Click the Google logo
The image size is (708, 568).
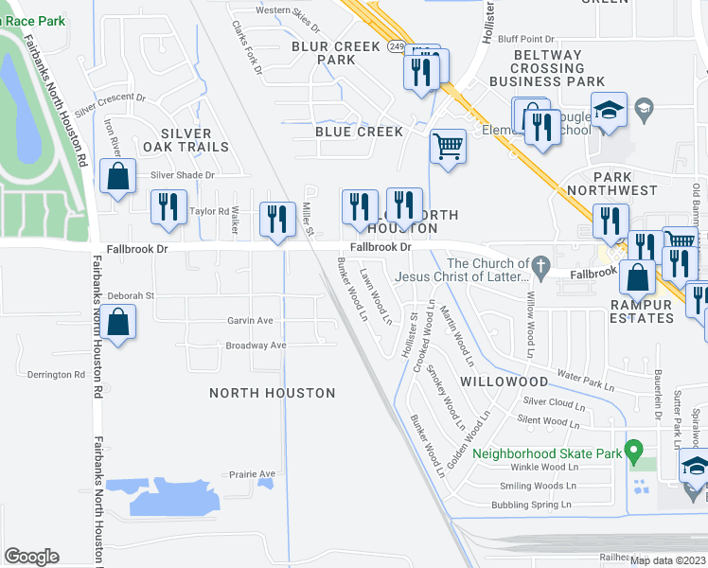coord(32,557)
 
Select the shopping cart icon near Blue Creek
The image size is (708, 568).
coord(448,147)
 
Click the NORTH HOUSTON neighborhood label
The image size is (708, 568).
coord(272,393)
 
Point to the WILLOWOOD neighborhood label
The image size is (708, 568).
coord(504,382)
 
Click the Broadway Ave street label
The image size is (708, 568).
coord(256,346)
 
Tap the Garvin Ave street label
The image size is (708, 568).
coord(250,321)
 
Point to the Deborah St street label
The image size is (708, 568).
coord(130,295)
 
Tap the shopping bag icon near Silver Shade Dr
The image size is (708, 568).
coord(117,177)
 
